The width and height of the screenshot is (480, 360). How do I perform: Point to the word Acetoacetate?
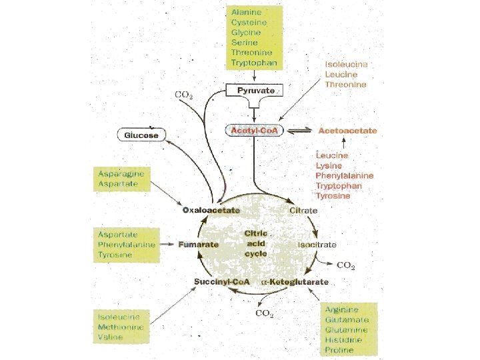click(x=347, y=131)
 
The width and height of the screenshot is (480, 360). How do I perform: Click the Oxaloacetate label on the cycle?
click(x=211, y=211)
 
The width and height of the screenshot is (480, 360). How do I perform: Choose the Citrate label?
click(x=303, y=211)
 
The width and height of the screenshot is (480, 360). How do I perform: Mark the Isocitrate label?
click(x=317, y=245)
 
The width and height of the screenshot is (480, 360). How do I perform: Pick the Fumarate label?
click(x=198, y=245)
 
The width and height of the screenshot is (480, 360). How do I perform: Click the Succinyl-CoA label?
click(x=221, y=282)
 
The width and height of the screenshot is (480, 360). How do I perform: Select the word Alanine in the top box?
click(x=246, y=12)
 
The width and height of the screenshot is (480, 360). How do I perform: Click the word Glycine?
click(x=246, y=33)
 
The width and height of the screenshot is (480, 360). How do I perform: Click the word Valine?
click(x=110, y=337)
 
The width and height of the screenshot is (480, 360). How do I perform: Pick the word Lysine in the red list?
click(x=329, y=165)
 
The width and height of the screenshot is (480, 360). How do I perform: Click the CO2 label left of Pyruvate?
click(x=184, y=95)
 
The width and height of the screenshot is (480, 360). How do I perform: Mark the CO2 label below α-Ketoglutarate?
click(x=265, y=314)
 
